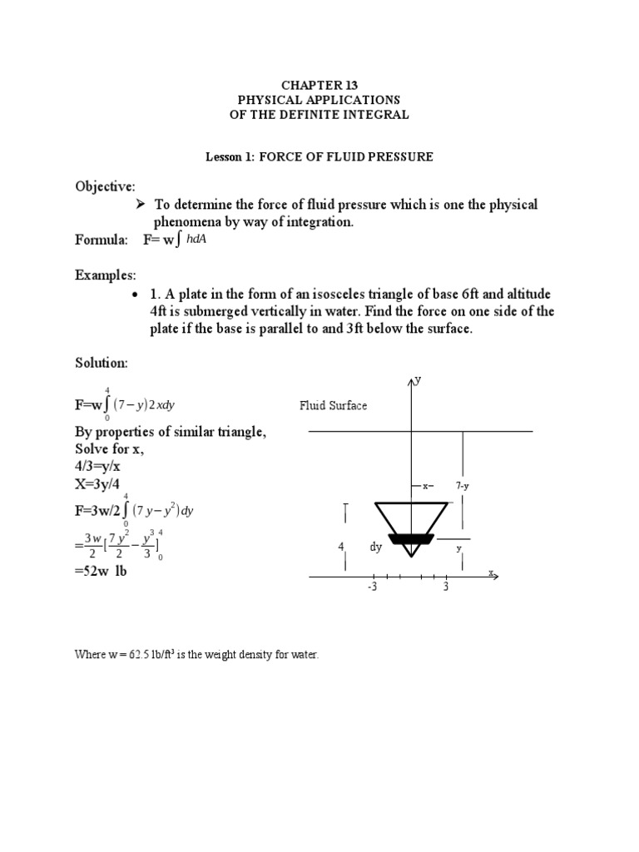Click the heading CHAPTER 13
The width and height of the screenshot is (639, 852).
click(319, 85)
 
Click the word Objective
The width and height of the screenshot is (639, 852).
click(105, 186)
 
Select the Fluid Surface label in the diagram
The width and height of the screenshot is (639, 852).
click(334, 406)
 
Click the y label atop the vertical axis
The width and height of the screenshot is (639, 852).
click(418, 379)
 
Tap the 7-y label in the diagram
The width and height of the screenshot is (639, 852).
click(463, 485)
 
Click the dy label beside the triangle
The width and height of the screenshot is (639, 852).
click(376, 547)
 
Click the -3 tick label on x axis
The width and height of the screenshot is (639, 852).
click(373, 587)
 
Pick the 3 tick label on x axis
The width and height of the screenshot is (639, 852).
click(446, 587)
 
